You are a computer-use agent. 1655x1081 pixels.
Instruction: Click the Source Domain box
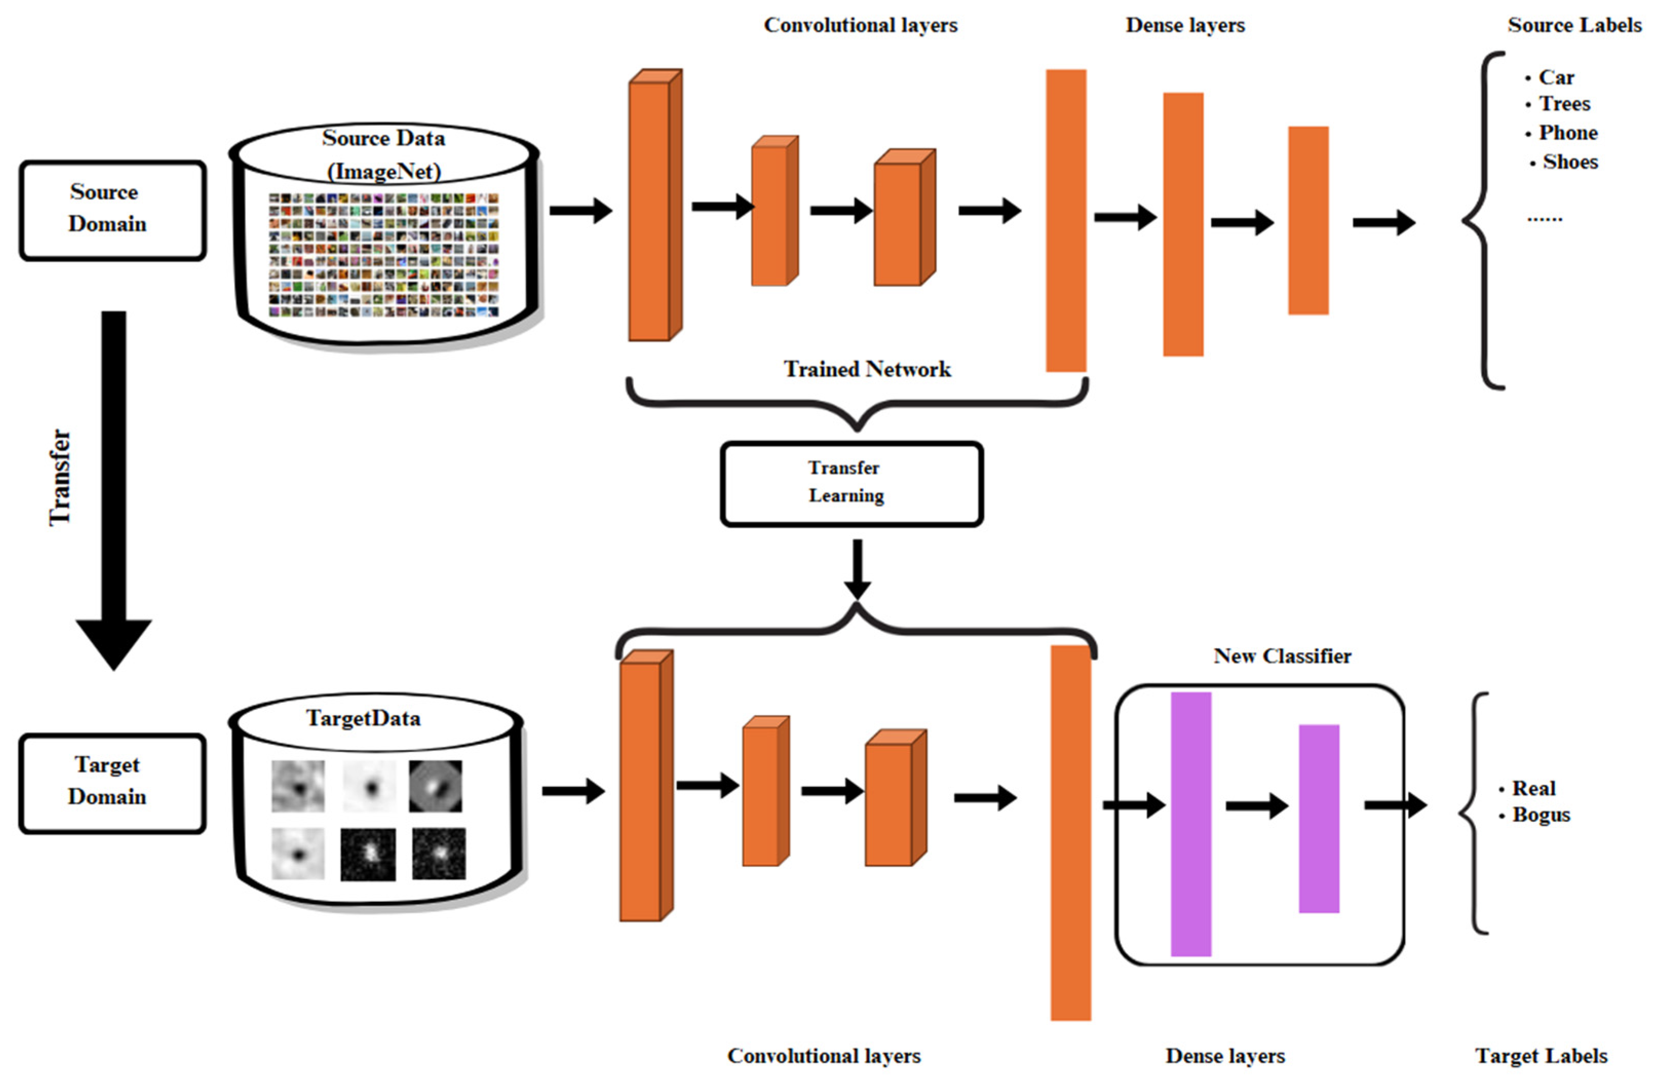pyautogui.click(x=111, y=210)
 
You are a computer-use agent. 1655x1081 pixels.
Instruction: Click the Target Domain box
pyautogui.click(x=111, y=782)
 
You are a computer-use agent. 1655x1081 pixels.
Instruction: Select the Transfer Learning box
pyautogui.click(x=851, y=483)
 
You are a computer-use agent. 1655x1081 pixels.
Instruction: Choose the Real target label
pyautogui.click(x=1533, y=788)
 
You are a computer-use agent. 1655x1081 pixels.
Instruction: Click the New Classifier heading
pyautogui.click(x=1282, y=655)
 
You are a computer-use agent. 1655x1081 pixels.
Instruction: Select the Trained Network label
pyautogui.click(x=867, y=369)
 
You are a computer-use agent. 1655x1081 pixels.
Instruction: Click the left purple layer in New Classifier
pyautogui.click(x=1190, y=824)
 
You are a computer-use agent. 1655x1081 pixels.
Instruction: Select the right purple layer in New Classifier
pyautogui.click(x=1318, y=818)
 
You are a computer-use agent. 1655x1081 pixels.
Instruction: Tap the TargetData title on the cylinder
pyautogui.click(x=363, y=718)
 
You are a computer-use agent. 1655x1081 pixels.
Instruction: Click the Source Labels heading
pyautogui.click(x=1574, y=25)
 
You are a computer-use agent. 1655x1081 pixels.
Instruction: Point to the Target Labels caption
pyautogui.click(x=1541, y=1056)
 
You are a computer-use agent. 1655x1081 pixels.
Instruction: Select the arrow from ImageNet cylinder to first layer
pyautogui.click(x=580, y=210)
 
